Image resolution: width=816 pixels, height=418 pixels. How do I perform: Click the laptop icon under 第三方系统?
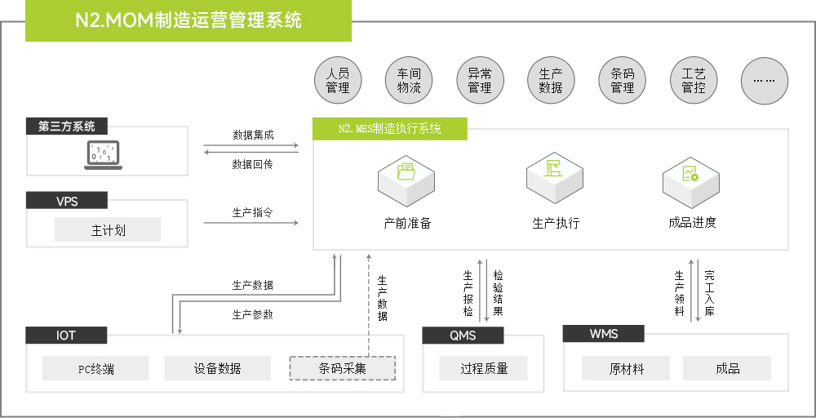point(104,155)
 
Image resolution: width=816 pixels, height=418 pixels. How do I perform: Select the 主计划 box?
point(108,230)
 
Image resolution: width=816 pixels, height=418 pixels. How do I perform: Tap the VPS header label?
point(67,201)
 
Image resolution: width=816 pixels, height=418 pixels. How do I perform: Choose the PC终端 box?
point(95,369)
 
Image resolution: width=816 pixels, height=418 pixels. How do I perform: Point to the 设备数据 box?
point(217,369)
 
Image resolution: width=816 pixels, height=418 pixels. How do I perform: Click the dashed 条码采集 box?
point(342,369)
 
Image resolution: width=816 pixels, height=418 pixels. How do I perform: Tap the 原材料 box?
point(626,369)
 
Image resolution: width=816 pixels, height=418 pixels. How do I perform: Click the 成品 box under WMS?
point(727,369)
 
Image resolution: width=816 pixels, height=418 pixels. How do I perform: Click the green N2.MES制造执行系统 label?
point(390,129)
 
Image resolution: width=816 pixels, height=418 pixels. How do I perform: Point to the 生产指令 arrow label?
point(252,213)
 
